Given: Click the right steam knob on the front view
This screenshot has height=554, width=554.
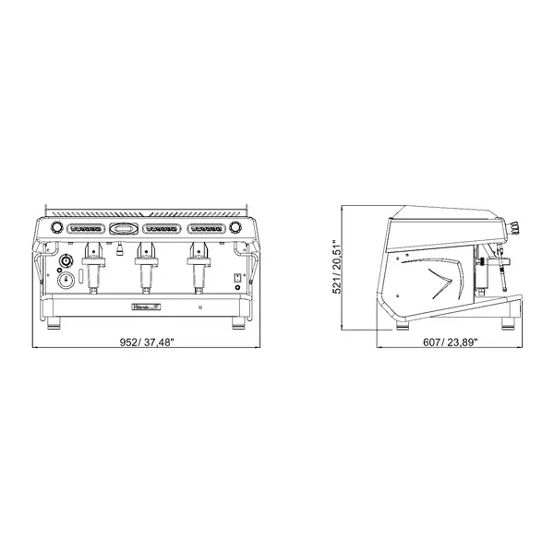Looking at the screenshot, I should point(237,227).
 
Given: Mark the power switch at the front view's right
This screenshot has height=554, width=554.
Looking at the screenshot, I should point(236,277).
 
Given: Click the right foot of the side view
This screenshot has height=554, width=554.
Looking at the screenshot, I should point(507,323).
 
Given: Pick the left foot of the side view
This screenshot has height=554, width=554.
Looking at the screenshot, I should point(404,323).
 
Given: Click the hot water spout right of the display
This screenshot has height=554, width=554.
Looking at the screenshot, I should point(119,247).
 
